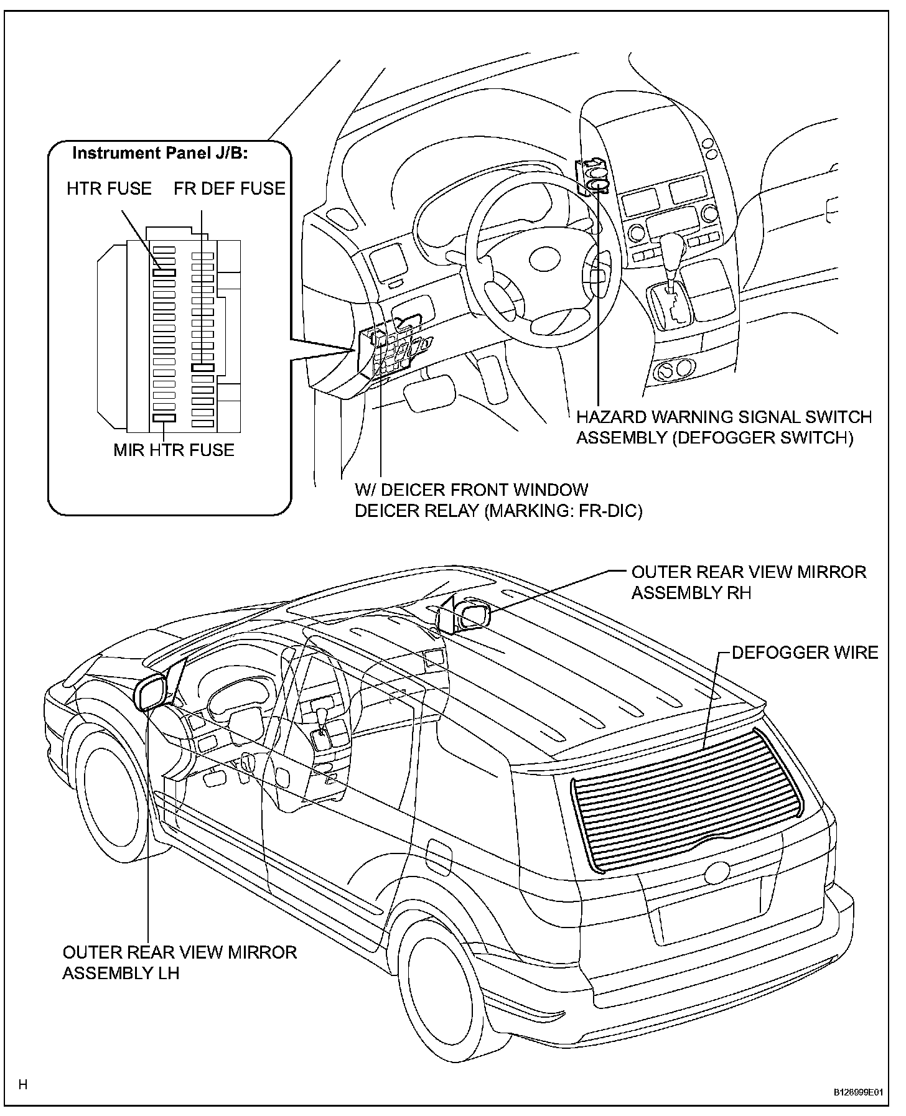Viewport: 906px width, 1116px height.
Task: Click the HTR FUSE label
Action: pos(109,188)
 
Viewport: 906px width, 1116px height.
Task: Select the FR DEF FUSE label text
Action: pos(230,188)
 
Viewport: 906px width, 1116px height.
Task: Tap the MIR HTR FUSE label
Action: pos(174,450)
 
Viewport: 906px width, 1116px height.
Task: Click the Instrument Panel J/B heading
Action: pos(160,153)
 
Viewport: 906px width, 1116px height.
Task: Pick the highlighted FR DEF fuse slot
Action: pos(203,368)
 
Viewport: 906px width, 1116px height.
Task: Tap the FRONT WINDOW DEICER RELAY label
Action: pos(498,500)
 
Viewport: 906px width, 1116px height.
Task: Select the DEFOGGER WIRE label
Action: pos(805,653)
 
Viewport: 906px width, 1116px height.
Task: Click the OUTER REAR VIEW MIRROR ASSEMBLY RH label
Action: pos(749,582)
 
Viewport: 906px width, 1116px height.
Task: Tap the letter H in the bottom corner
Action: pos(23,1086)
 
